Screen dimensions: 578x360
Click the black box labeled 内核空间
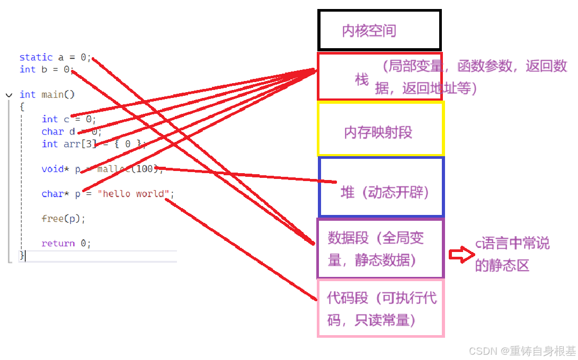tap(379, 30)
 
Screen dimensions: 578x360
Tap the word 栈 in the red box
tap(362, 80)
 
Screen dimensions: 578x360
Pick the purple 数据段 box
tap(380, 249)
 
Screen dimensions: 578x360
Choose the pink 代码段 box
tap(380, 308)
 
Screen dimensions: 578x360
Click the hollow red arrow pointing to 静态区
tap(459, 255)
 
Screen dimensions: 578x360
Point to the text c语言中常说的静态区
tap(512, 254)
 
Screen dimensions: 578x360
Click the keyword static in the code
tap(36, 57)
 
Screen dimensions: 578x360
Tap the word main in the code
tap(52, 95)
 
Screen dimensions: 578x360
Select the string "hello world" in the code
tap(132, 194)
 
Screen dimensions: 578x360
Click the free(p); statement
tap(64, 219)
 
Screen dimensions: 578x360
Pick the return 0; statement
tap(66, 244)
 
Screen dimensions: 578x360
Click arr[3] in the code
tap(82, 144)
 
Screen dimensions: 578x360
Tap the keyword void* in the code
tap(55, 169)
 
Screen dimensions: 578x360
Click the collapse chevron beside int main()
tap(8, 95)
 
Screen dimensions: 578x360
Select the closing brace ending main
tap(22, 255)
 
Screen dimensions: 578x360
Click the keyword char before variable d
tap(52, 132)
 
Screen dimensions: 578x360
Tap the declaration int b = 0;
tap(46, 69)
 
